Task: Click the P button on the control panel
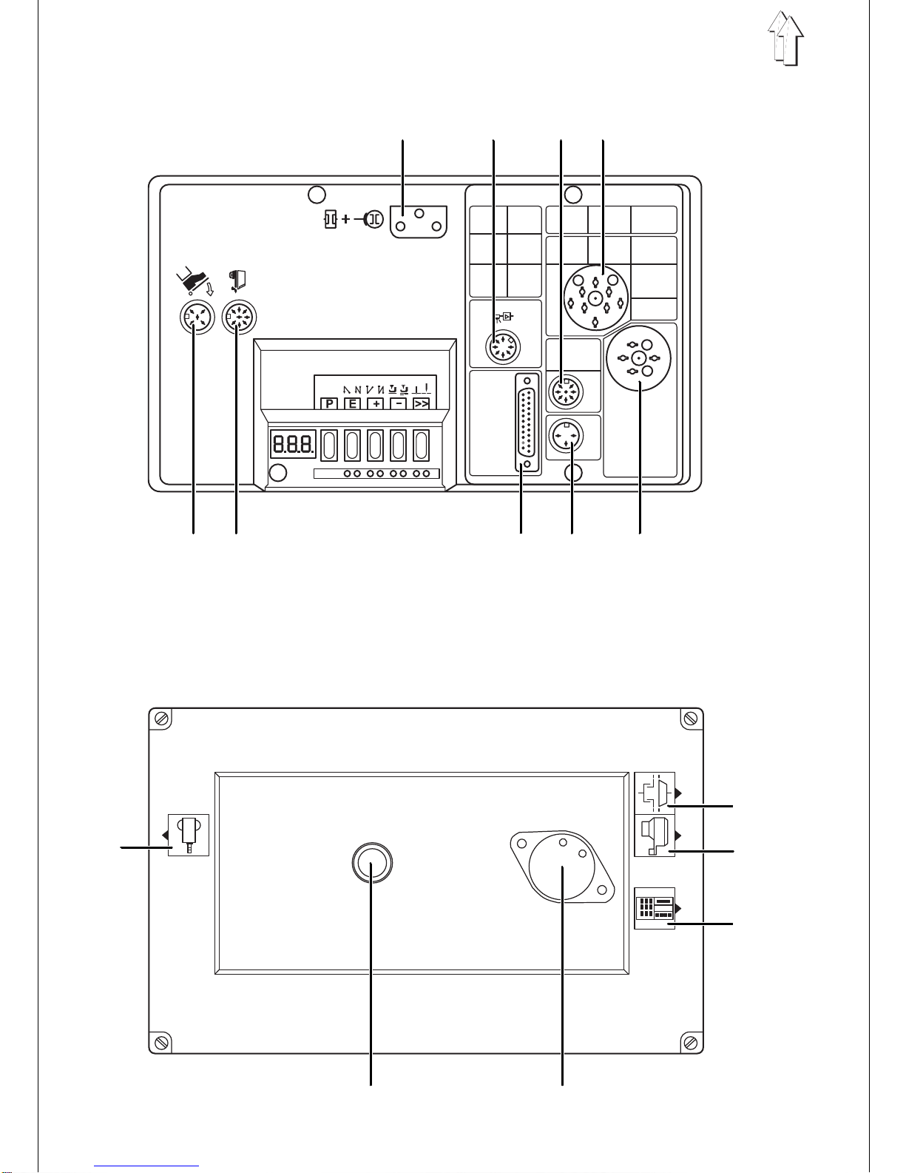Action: tap(329, 403)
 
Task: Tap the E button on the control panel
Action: tap(352, 403)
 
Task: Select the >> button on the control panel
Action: tap(421, 403)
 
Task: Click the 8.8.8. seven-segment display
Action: tap(293, 445)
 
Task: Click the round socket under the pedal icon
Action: tap(197, 317)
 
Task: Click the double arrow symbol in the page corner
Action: tap(785, 40)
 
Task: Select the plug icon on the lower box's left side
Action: tap(188, 835)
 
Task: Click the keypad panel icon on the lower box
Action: tap(655, 908)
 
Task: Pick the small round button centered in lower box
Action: tap(371, 863)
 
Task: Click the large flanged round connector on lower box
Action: tap(563, 866)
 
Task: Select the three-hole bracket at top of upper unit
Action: tap(419, 222)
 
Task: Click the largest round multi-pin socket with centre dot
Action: tap(595, 298)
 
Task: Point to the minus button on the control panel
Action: tap(398, 403)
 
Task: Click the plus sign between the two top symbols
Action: tap(345, 219)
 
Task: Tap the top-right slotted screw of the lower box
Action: tap(690, 719)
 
